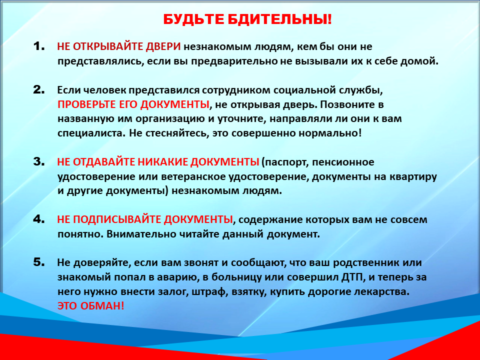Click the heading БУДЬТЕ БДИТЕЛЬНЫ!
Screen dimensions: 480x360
coord(247,19)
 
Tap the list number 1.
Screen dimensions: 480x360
coord(39,46)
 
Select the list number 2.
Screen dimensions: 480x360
coord(39,89)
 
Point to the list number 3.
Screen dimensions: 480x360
coord(39,161)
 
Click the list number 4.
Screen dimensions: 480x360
coord(39,219)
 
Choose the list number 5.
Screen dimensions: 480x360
coord(39,262)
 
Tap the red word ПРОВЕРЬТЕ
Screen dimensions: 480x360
coord(82,104)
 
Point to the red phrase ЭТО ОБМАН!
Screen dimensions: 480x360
coord(91,305)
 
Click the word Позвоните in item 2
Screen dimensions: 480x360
coord(346,104)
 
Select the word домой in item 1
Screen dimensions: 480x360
coord(421,61)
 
